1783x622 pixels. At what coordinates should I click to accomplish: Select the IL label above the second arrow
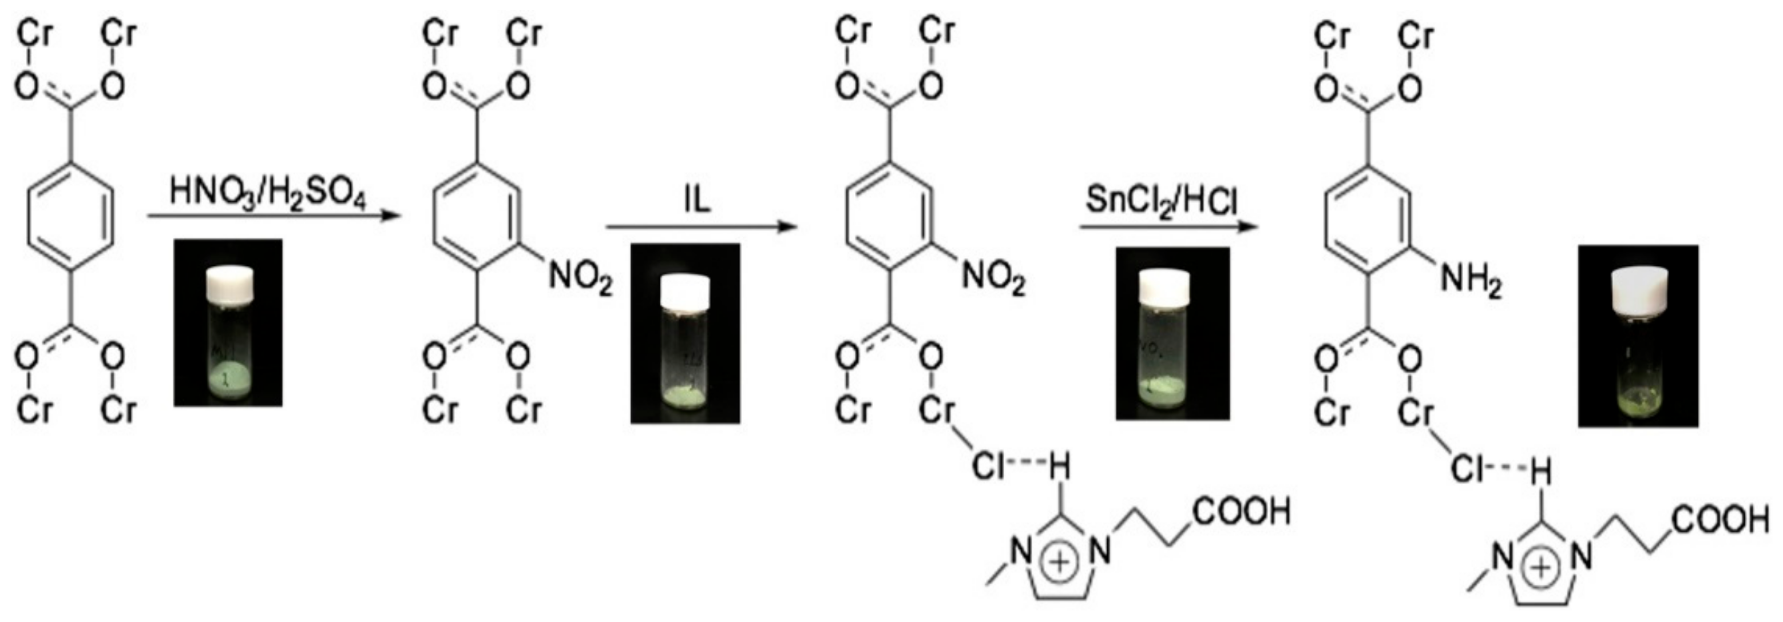pos(697,200)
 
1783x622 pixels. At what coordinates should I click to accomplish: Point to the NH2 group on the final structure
pos(1470,282)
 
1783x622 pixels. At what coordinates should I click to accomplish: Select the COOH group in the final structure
pos(1721,520)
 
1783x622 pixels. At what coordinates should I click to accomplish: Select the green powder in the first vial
pos(228,379)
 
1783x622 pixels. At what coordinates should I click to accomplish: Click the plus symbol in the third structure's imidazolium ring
pos(1060,562)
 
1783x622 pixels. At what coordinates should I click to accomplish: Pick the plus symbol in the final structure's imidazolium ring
pos(1541,568)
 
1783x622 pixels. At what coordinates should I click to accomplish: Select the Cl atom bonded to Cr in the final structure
pos(1466,471)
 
